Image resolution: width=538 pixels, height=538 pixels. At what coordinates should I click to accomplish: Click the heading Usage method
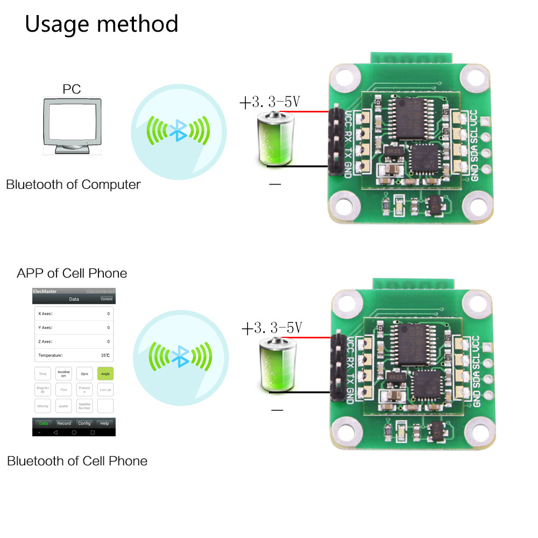(x=102, y=24)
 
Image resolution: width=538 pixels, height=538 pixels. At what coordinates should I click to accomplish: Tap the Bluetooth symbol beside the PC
(x=178, y=129)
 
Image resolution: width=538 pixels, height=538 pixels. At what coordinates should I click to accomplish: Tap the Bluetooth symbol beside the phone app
(x=179, y=355)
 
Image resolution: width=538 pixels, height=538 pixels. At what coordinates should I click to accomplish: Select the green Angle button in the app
(x=105, y=373)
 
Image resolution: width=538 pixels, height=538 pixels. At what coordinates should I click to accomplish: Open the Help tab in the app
(x=105, y=423)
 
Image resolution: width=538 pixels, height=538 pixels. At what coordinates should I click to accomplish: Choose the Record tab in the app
(x=64, y=423)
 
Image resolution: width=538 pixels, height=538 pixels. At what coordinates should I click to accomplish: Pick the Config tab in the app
(x=84, y=423)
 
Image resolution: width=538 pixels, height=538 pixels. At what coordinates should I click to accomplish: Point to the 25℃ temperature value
(x=105, y=355)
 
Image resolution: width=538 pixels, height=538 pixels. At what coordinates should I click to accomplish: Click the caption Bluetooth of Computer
(x=73, y=185)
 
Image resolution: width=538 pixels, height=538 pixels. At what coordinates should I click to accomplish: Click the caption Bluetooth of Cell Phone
(x=77, y=461)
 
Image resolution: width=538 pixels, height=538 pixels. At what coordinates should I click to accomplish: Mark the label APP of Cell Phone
(x=72, y=273)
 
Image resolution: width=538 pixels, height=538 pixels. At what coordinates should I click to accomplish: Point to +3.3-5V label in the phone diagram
(x=272, y=328)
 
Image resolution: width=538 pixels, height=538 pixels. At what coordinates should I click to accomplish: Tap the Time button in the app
(x=43, y=373)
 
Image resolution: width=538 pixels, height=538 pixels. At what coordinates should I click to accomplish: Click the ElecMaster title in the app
(x=45, y=292)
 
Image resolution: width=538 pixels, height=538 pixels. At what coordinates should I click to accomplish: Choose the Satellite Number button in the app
(x=84, y=406)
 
